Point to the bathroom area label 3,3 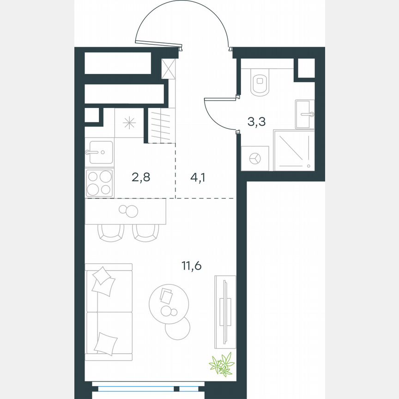click(x=256, y=122)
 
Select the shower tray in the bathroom click(x=294, y=150)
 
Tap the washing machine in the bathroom click(x=255, y=158)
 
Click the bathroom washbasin click(x=305, y=114)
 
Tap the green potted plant click(x=221, y=363)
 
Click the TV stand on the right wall click(x=225, y=312)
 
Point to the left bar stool click(x=111, y=232)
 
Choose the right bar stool click(x=146, y=232)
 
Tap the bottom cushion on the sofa click(x=105, y=344)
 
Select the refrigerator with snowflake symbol click(x=129, y=122)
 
